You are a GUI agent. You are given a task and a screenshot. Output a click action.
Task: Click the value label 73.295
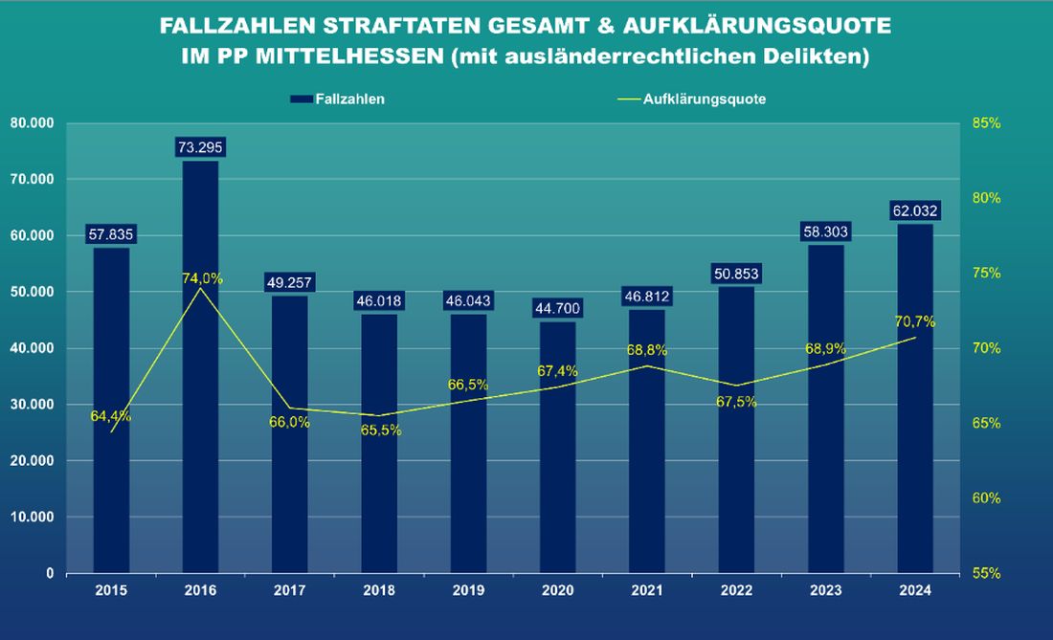tap(200, 147)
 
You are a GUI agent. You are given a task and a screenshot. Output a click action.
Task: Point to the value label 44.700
tap(558, 308)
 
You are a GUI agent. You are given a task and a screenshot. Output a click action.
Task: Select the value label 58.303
tap(826, 232)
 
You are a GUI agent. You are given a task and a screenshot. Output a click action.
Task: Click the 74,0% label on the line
tap(203, 278)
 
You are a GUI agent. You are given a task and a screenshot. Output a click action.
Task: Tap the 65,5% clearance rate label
tap(381, 430)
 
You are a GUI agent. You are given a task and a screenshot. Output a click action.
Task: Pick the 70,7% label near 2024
tap(915, 321)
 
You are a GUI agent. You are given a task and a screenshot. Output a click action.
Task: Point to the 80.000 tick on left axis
tap(32, 123)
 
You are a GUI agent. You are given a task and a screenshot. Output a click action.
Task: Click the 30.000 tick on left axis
tap(32, 405)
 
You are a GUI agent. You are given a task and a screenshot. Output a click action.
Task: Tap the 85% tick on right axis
tap(987, 123)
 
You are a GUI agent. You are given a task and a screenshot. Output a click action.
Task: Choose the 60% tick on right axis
tap(987, 498)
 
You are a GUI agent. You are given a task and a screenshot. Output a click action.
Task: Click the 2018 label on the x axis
tap(379, 590)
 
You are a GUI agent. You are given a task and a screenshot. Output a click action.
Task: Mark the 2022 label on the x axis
tap(737, 590)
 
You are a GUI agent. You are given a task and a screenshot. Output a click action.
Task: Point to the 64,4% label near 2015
tap(111, 416)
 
